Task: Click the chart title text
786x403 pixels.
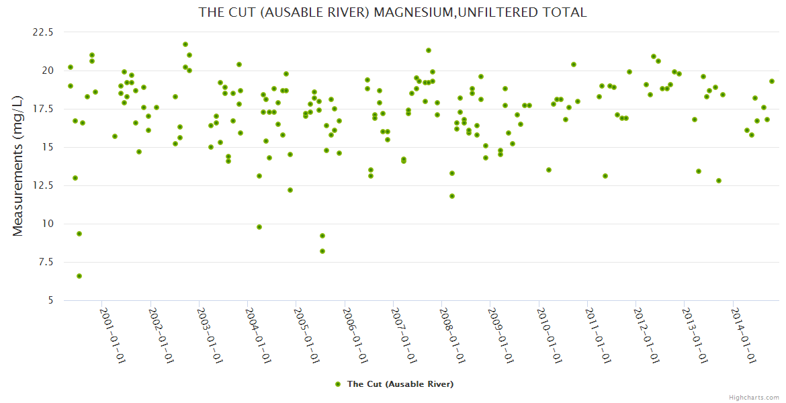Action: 392,12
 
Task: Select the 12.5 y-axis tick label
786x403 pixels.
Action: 42,185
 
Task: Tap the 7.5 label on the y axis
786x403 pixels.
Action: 46,262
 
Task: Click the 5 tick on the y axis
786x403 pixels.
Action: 50,300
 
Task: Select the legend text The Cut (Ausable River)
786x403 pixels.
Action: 400,384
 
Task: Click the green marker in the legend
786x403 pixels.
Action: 338,384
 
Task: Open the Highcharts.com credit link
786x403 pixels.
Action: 754,397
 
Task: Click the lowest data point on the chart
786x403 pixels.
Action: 79,276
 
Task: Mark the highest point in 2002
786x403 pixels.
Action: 185,44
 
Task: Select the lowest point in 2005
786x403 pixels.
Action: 322,251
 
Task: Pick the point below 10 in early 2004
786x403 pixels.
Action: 259,227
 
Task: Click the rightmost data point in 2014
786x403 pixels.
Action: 772,81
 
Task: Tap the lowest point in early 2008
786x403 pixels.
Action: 452,196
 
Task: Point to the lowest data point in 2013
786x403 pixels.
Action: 719,181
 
